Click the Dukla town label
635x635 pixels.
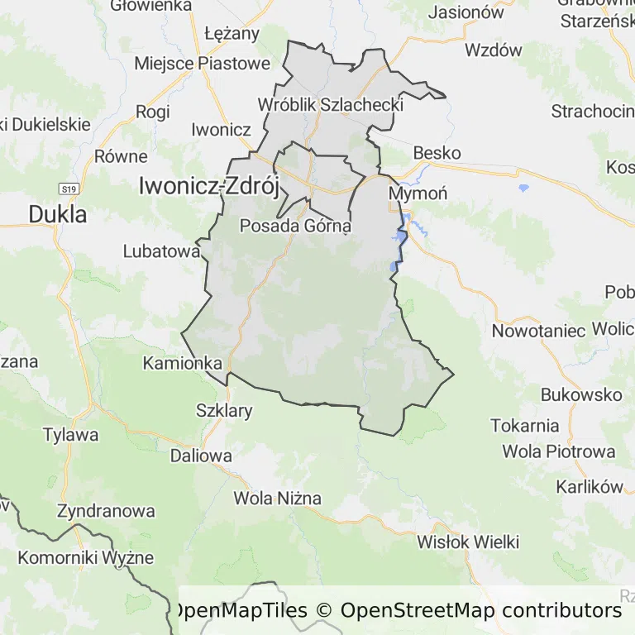(57, 214)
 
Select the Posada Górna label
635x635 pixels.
(295, 225)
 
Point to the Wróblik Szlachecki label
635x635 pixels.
(330, 105)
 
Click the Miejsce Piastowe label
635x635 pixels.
(202, 63)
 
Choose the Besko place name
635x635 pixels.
(437, 153)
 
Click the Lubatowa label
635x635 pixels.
(162, 251)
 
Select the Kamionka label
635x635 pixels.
(183, 363)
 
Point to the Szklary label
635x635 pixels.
(224, 410)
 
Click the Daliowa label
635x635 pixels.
(201, 455)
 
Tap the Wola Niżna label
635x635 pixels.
(277, 499)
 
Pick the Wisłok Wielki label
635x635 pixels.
(468, 542)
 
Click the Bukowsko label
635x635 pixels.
(581, 394)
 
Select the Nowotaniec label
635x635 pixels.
(538, 331)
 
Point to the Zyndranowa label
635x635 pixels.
(106, 511)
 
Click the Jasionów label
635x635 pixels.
(466, 12)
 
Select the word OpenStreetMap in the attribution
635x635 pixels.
(418, 611)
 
